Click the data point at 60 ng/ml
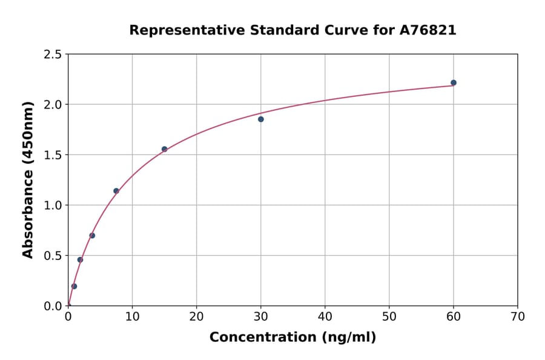click(x=454, y=82)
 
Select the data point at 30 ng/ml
click(x=261, y=119)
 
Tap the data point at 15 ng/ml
click(x=164, y=149)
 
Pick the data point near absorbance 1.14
click(x=116, y=191)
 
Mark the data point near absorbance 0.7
click(x=92, y=236)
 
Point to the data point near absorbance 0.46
click(x=80, y=259)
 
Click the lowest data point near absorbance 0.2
click(x=74, y=286)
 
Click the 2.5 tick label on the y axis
click(x=52, y=55)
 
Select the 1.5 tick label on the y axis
click(x=52, y=155)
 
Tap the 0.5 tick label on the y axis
click(x=52, y=256)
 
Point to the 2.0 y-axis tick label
click(x=52, y=105)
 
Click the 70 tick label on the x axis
click(x=517, y=316)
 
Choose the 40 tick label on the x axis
click(x=325, y=316)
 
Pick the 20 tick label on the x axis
click(x=196, y=316)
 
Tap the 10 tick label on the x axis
click(x=132, y=316)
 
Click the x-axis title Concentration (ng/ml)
click(x=292, y=338)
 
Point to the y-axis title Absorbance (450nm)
click(x=28, y=179)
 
